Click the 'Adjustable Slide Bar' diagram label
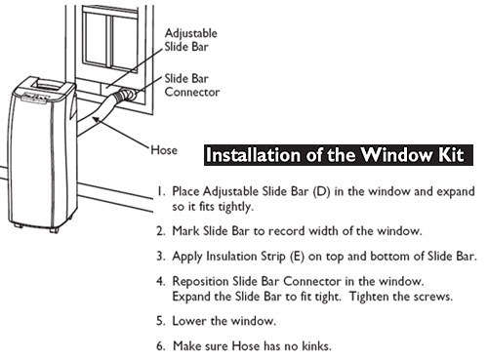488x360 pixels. pos(191,40)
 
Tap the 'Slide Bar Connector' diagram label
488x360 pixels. pos(192,85)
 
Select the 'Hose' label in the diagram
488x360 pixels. pos(164,150)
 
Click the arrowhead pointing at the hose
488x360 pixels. pos(96,119)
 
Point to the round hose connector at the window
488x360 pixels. pos(128,95)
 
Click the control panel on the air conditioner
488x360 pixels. pos(36,98)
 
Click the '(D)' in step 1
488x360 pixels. pos(321,191)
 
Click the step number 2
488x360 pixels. pos(161,231)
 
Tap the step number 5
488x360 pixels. pos(161,321)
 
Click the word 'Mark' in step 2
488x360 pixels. pos(185,231)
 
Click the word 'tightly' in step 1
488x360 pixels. pos(235,207)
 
